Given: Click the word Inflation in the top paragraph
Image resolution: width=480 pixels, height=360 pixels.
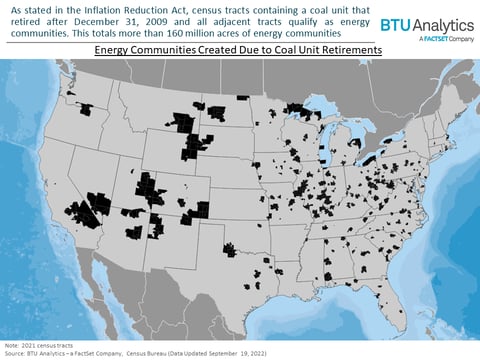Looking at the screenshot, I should click(x=106, y=9).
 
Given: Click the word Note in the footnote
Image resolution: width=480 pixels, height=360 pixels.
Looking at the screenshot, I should click(x=13, y=346).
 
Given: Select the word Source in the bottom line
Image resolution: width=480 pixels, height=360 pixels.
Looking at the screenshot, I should click(x=16, y=354).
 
